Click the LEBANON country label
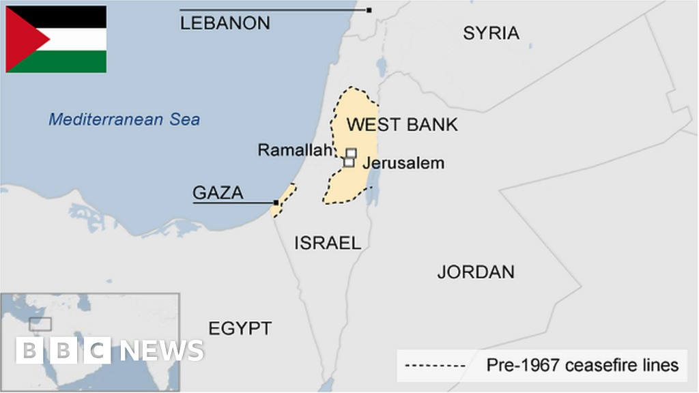coord(225,23)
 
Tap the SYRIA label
coord(491,33)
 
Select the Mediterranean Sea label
coord(124,120)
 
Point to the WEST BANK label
coord(402,125)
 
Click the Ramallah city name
coord(294,150)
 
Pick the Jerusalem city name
coord(403,163)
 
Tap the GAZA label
coord(218,192)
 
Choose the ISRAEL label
coord(328,242)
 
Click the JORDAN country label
coord(476,272)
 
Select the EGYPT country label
coord(240,328)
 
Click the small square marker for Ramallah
coord(351,153)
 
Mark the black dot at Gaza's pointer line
coord(276,203)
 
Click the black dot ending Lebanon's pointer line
coord(369,10)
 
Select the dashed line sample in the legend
coord(435,366)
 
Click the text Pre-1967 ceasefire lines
coord(582,366)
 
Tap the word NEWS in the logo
coord(162,351)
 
